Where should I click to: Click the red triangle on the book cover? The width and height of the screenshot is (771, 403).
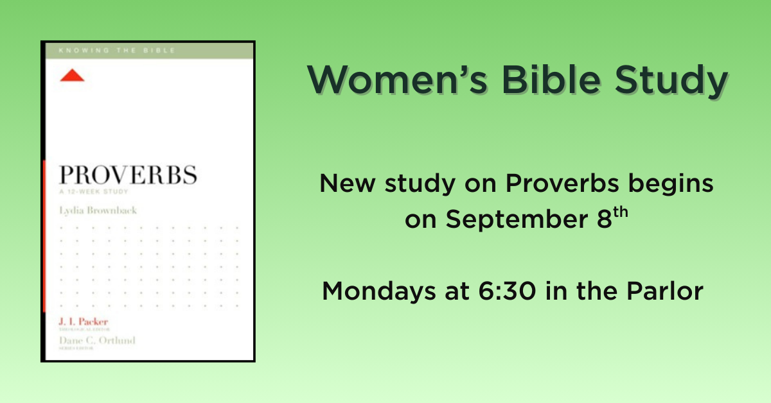tap(72, 76)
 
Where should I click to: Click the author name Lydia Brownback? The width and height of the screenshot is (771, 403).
tap(98, 210)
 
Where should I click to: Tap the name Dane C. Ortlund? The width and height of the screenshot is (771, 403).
tap(97, 341)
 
